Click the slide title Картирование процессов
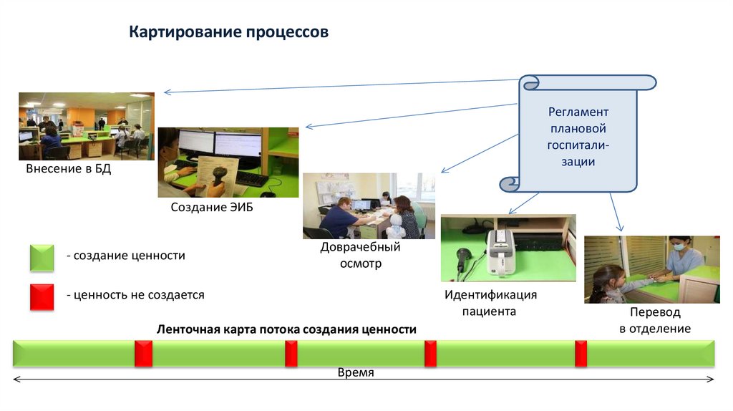point(228,33)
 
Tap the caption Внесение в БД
point(69,170)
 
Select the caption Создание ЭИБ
point(212,208)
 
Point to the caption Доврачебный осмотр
point(360,255)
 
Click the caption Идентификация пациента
point(490,303)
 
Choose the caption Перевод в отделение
point(654,321)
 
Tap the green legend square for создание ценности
point(42,258)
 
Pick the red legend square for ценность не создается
point(42,296)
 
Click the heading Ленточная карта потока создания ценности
point(286,329)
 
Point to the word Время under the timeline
point(356,373)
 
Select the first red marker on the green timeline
point(144,354)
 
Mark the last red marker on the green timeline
point(581,354)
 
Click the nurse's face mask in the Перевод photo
point(679,247)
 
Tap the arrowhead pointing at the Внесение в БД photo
point(167,92)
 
